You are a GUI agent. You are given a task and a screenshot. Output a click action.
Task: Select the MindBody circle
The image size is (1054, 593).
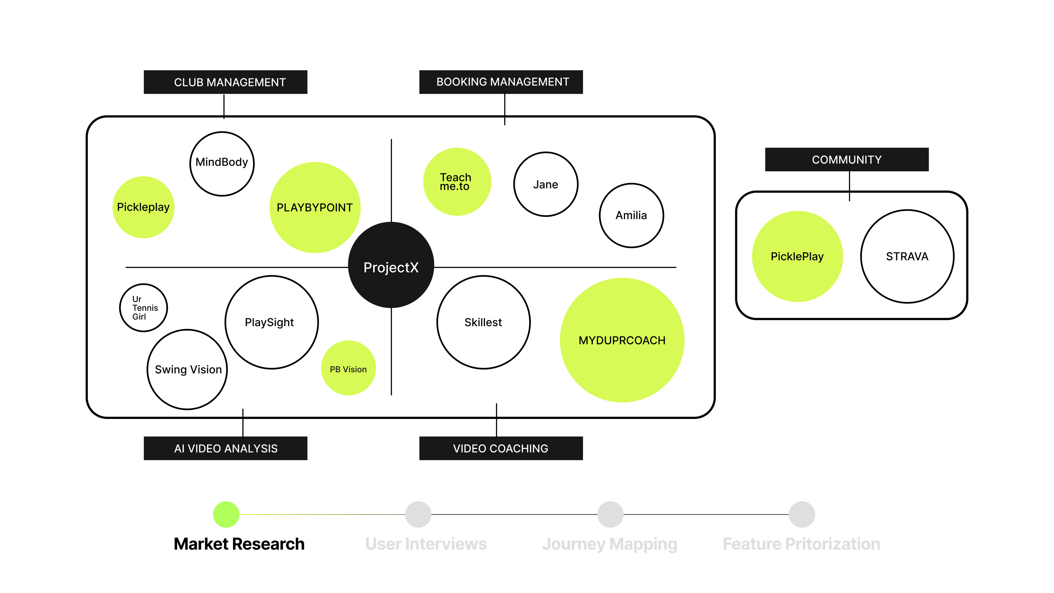(x=222, y=164)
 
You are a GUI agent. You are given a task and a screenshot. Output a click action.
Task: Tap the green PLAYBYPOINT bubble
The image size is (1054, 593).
(x=315, y=208)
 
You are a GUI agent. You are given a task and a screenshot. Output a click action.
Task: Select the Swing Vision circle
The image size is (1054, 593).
(x=187, y=370)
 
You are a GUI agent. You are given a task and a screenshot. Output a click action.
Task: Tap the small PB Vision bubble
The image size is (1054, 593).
(x=348, y=368)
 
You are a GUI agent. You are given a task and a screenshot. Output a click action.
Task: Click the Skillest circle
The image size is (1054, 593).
(x=483, y=322)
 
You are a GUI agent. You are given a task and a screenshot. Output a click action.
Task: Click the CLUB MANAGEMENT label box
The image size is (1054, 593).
(x=225, y=82)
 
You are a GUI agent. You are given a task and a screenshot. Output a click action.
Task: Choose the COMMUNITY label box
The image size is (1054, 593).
(x=846, y=160)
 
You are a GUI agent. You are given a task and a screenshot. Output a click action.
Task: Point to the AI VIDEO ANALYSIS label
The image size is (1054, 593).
(x=225, y=449)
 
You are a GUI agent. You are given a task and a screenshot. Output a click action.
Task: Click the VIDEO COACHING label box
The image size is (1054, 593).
(x=501, y=449)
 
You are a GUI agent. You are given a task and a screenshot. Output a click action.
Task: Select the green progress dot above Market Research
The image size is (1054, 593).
(x=226, y=514)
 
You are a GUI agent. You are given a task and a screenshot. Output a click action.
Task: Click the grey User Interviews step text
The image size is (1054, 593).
(x=426, y=544)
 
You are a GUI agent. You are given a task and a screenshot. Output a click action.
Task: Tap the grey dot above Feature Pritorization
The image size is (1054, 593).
(x=801, y=514)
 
